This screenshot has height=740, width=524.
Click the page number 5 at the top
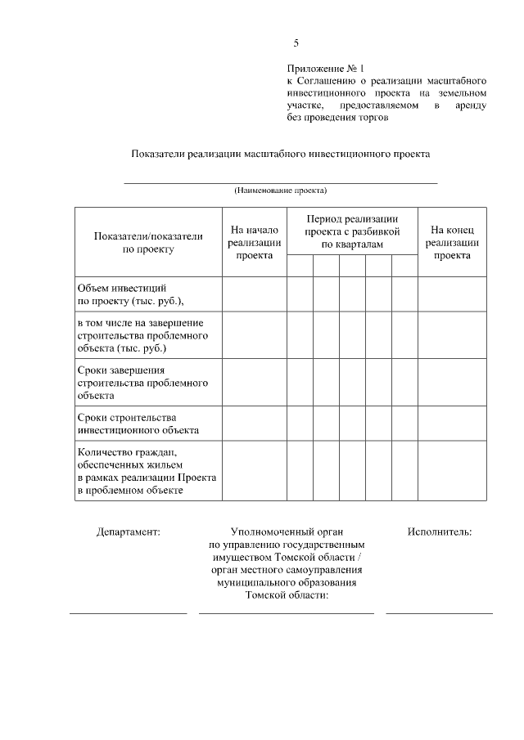click(296, 44)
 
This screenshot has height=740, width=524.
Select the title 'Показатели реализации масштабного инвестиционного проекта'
click(281, 154)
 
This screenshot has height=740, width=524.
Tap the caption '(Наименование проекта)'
click(281, 191)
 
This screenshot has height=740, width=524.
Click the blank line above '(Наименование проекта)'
click(281, 182)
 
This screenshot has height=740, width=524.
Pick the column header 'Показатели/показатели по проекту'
click(148, 243)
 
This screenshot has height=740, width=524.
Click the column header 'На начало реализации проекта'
click(255, 243)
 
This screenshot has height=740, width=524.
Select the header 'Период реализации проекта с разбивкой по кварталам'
click(352, 231)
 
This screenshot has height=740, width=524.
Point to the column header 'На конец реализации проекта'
click(452, 243)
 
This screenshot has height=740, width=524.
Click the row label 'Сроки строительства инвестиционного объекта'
click(138, 423)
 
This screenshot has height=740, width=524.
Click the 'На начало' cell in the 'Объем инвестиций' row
click(254, 294)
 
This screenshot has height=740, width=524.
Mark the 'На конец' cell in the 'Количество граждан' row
click(452, 471)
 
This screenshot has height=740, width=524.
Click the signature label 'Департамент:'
click(129, 531)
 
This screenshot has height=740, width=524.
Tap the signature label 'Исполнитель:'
click(439, 531)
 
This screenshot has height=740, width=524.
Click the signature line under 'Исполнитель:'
click(439, 612)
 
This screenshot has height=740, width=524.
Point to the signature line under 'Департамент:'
click(129, 612)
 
